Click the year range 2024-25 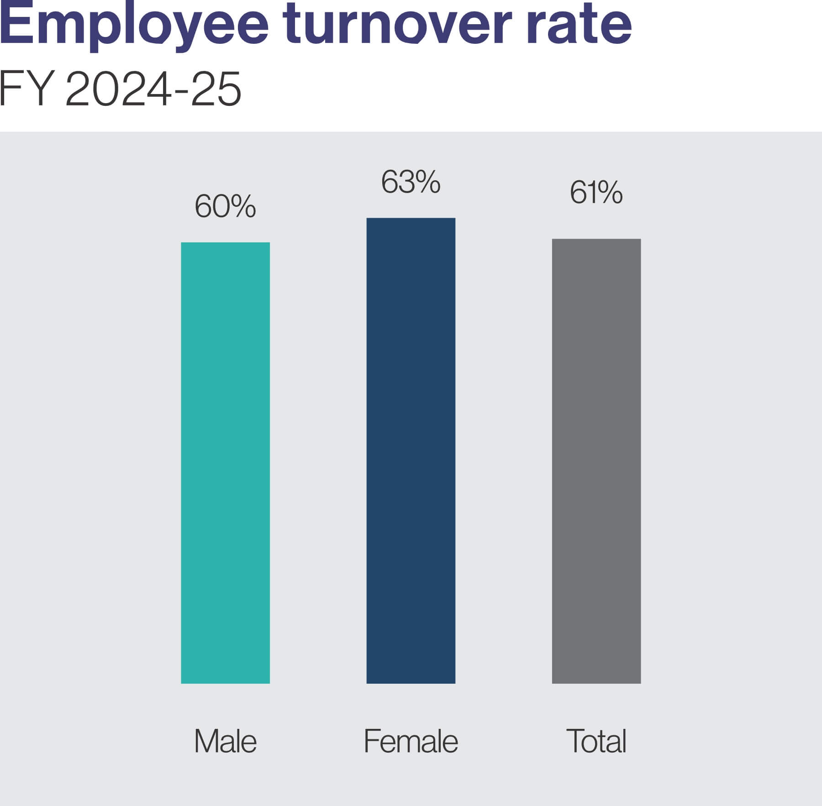[153, 89]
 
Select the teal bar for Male [225, 462]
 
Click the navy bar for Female [411, 450]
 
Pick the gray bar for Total [596, 461]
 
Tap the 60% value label [225, 206]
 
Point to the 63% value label [411, 182]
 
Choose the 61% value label [596, 192]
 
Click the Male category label [225, 741]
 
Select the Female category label [411, 741]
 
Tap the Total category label [596, 741]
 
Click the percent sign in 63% [427, 182]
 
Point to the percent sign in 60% [242, 206]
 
